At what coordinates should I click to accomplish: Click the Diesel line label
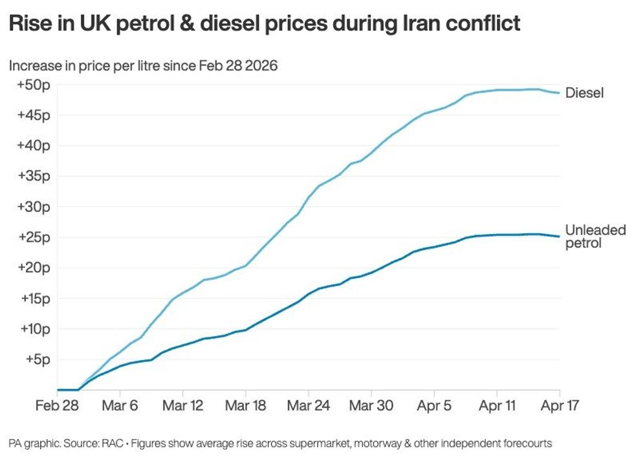click(x=584, y=93)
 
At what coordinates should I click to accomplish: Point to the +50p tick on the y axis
click(x=33, y=85)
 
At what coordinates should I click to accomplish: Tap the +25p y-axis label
click(x=33, y=237)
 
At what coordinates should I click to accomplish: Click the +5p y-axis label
click(x=36, y=359)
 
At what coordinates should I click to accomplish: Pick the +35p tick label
click(x=33, y=176)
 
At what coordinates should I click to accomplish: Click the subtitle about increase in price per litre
click(x=143, y=66)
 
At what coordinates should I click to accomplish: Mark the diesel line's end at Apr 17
click(x=560, y=93)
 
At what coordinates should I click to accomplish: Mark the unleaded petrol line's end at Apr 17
click(x=560, y=237)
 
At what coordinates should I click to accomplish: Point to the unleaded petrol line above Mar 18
click(x=245, y=329)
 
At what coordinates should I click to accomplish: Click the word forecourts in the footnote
click(x=525, y=443)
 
